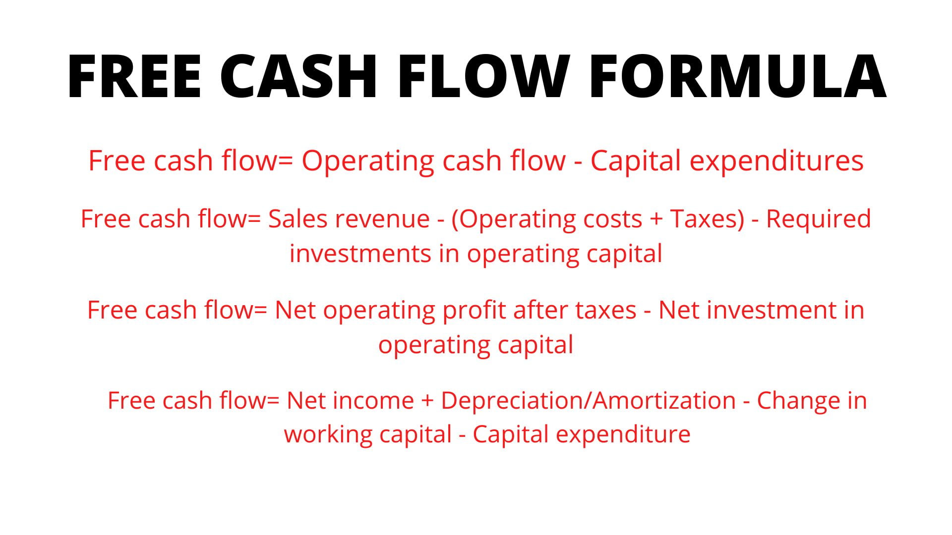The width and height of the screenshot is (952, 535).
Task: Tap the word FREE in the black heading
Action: [134, 77]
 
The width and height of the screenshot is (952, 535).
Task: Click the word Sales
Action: [297, 219]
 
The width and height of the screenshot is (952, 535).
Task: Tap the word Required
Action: [818, 219]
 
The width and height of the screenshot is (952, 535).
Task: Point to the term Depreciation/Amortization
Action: [588, 401]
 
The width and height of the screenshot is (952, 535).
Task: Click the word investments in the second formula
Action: [360, 254]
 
